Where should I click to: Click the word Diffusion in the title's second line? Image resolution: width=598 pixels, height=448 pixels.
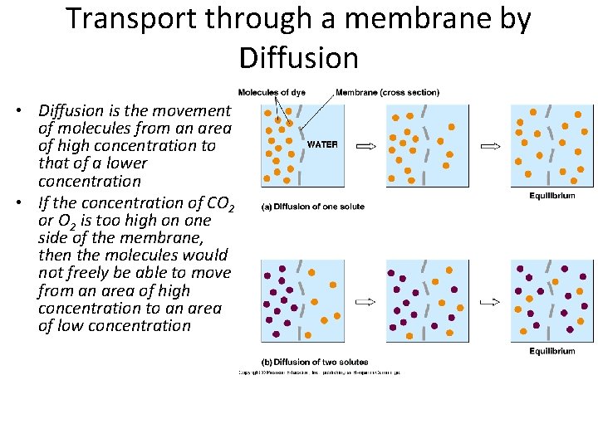298,57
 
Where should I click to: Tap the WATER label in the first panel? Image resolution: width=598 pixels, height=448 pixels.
322,144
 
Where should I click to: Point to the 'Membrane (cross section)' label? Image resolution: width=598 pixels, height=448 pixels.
388,92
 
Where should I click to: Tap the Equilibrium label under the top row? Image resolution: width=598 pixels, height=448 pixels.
552,196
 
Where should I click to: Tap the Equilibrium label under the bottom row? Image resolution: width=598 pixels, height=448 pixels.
552,351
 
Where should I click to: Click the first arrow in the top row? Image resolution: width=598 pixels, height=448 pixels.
366,146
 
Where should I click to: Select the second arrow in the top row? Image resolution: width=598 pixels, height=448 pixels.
491,146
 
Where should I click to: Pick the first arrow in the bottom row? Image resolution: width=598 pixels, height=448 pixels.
366,301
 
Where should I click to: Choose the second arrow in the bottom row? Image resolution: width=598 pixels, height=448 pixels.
491,301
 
